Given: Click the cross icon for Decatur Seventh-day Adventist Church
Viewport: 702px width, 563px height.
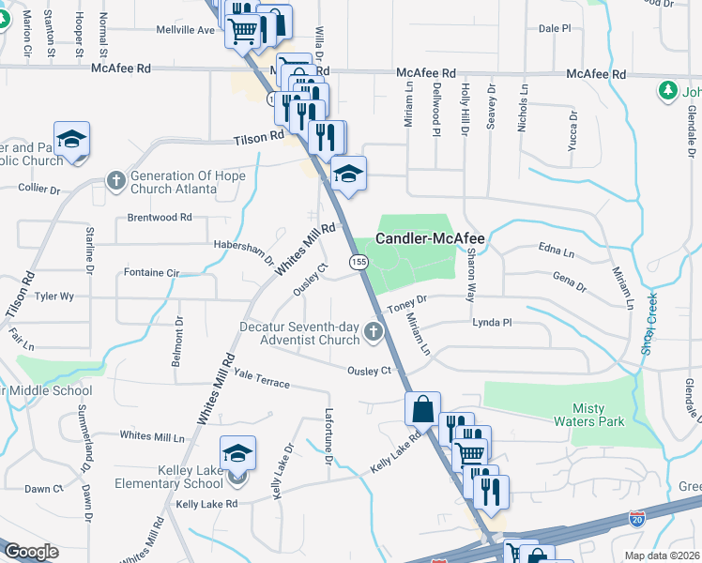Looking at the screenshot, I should tap(374, 330).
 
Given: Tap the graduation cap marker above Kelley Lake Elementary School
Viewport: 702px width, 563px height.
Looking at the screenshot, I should tap(238, 452).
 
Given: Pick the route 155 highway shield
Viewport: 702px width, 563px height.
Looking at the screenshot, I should tap(359, 264).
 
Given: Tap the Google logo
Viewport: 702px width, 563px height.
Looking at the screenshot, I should tap(31, 552).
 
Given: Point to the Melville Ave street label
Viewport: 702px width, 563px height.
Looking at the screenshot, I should tap(185, 30).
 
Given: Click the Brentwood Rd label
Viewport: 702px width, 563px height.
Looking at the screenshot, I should tap(160, 217).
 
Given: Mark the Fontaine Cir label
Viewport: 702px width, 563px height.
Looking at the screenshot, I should tap(151, 272).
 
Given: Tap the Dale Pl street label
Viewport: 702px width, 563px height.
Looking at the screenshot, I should tap(555, 29).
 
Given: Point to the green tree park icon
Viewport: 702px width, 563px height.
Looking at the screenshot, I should tap(667, 91).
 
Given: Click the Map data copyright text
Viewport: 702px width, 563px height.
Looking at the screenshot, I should tap(664, 555).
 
